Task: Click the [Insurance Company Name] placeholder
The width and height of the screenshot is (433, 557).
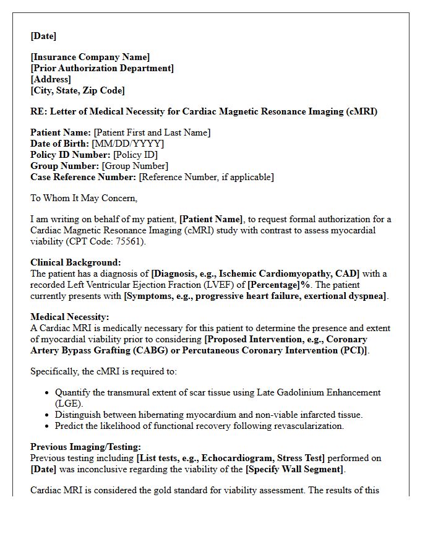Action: tap(90, 57)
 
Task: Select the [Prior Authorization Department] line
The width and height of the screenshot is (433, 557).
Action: tap(102, 68)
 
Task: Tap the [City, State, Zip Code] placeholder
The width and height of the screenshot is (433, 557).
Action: tap(77, 90)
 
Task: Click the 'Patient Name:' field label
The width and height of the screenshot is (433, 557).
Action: tap(61, 132)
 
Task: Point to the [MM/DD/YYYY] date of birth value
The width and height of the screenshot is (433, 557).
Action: tap(128, 144)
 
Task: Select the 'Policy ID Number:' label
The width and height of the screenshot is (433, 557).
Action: tap(71, 155)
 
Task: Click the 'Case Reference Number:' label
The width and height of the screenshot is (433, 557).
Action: tap(83, 177)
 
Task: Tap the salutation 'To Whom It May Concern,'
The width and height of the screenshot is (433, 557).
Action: tap(84, 198)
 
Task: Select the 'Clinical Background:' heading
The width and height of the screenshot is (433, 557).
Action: tap(75, 262)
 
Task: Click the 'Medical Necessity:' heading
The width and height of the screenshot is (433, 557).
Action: tap(69, 317)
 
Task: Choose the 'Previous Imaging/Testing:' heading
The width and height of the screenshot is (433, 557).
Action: tap(85, 447)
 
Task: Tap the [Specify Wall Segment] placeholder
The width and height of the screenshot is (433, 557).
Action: tap(294, 469)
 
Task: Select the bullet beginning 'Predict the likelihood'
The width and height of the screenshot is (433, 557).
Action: tap(199, 426)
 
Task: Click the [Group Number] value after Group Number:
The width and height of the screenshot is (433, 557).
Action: tap(135, 166)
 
